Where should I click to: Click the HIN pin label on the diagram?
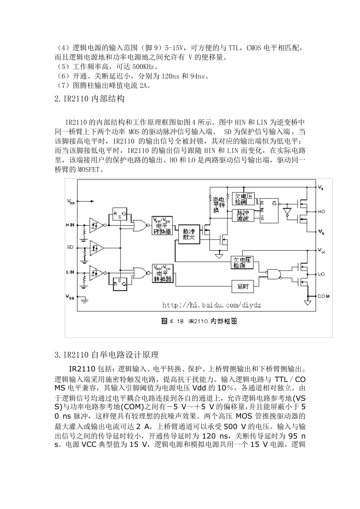tap(70, 225)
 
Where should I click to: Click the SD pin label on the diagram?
tap(70, 247)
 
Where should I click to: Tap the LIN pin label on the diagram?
tap(70, 272)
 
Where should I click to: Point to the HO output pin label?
tap(321, 212)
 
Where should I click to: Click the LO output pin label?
tap(321, 274)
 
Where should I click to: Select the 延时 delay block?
tap(243, 287)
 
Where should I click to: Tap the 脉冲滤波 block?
tap(243, 215)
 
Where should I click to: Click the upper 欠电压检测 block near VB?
tap(243, 199)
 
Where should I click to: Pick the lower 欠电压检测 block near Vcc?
tap(242, 262)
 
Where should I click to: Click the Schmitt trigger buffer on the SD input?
tap(97, 248)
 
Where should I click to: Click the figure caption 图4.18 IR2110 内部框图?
tap(199, 321)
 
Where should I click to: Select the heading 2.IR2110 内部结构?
tap(89, 99)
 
